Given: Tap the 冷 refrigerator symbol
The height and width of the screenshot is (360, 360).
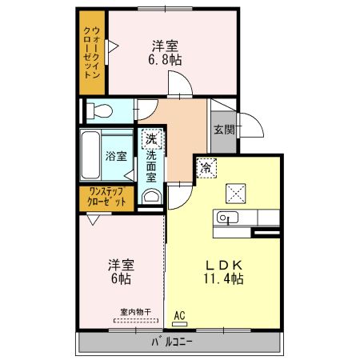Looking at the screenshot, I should [206, 168].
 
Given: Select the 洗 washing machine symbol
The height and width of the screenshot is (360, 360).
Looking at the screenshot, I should [150, 139].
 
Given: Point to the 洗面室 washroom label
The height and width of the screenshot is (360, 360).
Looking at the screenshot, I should [150, 170].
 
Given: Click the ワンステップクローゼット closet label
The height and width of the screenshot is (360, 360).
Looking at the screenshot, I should [107, 197].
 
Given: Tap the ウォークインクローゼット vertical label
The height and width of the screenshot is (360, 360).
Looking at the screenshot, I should [94, 52].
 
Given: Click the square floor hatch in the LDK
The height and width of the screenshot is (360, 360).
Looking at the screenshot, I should [237, 192].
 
